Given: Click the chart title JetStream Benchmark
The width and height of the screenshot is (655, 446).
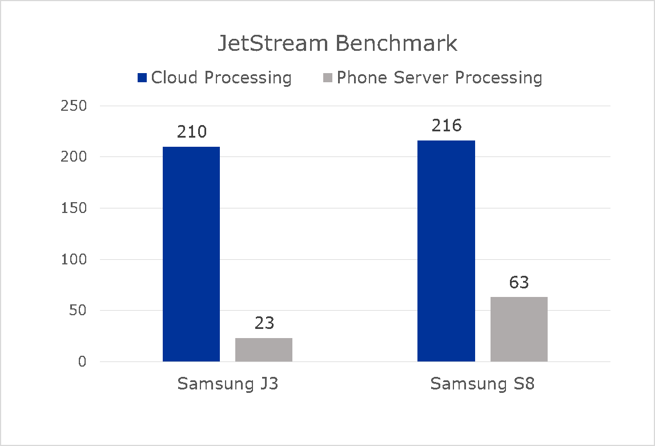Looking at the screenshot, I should [x=337, y=44].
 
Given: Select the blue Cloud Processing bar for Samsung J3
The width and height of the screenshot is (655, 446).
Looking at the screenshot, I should [x=191, y=254].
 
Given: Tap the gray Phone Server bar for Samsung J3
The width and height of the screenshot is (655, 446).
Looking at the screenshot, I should [x=264, y=349].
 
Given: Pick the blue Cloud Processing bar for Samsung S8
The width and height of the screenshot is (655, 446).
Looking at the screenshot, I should [x=446, y=251].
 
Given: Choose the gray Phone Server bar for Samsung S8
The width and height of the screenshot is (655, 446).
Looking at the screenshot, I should [x=519, y=329].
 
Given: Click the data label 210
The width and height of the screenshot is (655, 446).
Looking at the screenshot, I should [x=191, y=132].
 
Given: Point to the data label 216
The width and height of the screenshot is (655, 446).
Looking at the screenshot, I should [x=446, y=126].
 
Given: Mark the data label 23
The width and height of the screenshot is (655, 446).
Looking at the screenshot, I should [x=264, y=324].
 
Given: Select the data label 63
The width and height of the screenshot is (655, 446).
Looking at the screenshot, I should [x=519, y=283].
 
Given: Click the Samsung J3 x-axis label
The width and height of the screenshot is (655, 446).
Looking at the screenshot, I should [x=228, y=384].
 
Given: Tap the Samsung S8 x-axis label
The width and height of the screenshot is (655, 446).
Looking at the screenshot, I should [x=483, y=384].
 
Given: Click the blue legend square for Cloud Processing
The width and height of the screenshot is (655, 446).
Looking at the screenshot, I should [x=142, y=78].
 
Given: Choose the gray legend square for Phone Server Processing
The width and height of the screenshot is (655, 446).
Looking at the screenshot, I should [x=328, y=78].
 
